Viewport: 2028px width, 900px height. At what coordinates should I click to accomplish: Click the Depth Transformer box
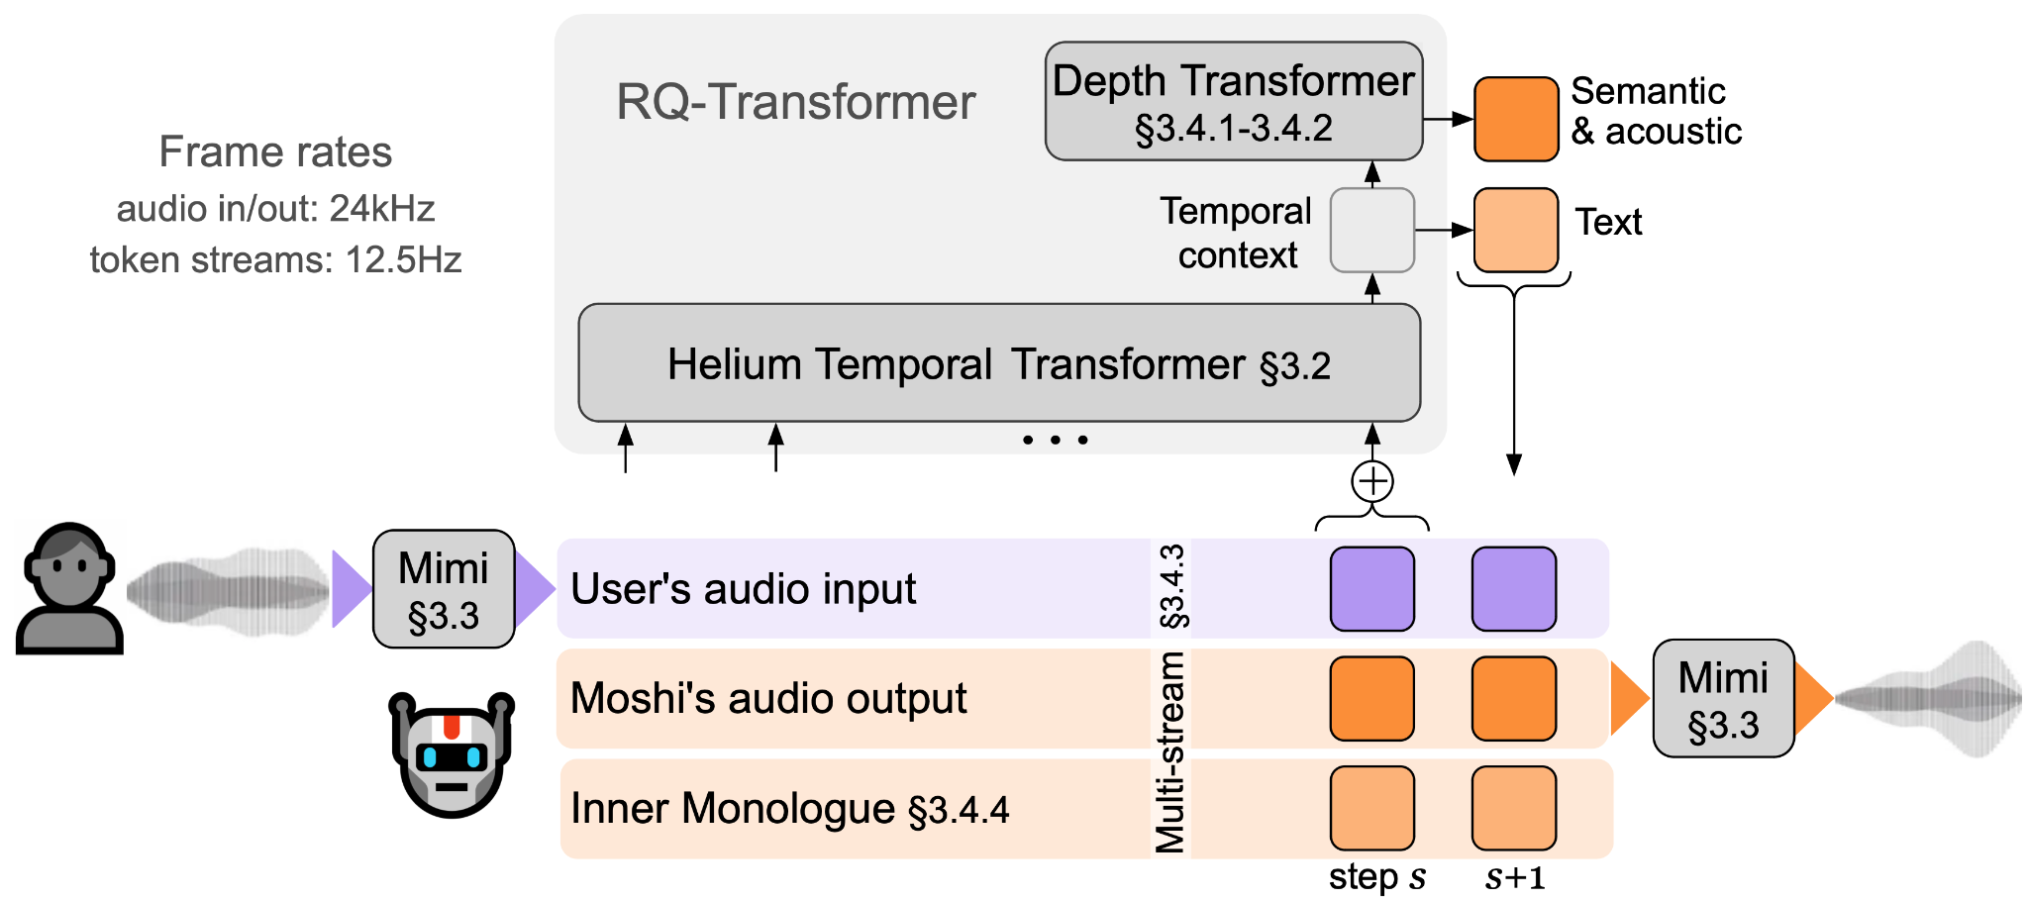(1233, 101)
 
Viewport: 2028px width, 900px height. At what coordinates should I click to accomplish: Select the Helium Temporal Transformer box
(998, 363)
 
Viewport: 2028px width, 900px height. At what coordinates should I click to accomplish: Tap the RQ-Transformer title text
(795, 102)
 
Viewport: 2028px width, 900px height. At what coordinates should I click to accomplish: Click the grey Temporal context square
(1371, 231)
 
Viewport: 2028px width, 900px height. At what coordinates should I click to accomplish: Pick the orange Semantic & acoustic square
(1515, 120)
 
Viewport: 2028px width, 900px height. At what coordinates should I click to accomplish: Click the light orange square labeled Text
(1515, 231)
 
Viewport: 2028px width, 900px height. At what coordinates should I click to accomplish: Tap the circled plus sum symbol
(1372, 482)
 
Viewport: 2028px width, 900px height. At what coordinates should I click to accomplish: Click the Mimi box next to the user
(444, 589)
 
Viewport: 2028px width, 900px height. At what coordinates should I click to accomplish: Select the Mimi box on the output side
(1723, 699)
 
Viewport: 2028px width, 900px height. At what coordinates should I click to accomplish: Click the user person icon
(68, 588)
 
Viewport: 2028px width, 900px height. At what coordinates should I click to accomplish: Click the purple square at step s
(1371, 589)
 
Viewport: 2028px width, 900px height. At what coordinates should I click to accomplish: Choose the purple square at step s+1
(1514, 589)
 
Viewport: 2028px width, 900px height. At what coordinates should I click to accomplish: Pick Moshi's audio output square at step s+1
(1514, 699)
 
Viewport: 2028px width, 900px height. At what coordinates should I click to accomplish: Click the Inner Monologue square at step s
(1371, 808)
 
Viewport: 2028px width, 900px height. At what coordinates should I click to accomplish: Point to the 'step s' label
(1376, 877)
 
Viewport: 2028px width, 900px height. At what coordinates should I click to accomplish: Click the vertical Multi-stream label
(1170, 752)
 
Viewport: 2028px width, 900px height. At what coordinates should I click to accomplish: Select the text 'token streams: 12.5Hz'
(275, 260)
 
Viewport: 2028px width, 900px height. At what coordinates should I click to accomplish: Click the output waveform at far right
(1929, 699)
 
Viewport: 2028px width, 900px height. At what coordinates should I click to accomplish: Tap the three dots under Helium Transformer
(1056, 440)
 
